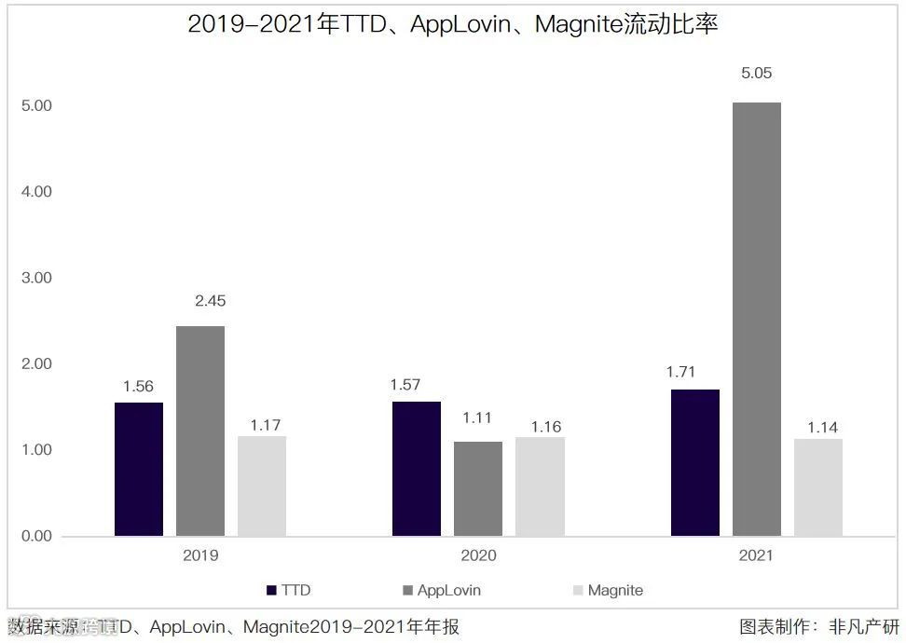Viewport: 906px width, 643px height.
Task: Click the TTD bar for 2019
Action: pos(139,469)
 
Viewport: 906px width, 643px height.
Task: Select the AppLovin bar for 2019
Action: pos(200,431)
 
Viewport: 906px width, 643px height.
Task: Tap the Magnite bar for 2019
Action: pos(262,486)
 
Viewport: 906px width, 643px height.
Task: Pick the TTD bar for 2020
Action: pos(417,469)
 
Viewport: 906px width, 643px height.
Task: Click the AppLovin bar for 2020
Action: pos(478,488)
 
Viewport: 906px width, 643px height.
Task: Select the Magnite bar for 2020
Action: pos(540,486)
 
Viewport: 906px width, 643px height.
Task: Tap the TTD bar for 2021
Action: pos(694,462)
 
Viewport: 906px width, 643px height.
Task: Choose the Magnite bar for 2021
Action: pos(817,487)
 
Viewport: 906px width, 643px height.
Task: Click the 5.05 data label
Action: pos(756,74)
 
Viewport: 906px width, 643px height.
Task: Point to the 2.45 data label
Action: pos(210,301)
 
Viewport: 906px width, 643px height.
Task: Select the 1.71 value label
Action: pos(681,372)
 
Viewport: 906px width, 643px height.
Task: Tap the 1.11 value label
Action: pos(476,418)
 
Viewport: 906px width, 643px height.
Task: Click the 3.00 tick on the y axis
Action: pos(36,278)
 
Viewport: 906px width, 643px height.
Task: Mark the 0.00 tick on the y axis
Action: pos(36,536)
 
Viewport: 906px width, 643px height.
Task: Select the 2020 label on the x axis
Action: pos(478,556)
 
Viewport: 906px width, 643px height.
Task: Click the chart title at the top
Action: pos(453,24)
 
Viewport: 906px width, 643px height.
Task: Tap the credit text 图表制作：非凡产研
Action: pos(819,627)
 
